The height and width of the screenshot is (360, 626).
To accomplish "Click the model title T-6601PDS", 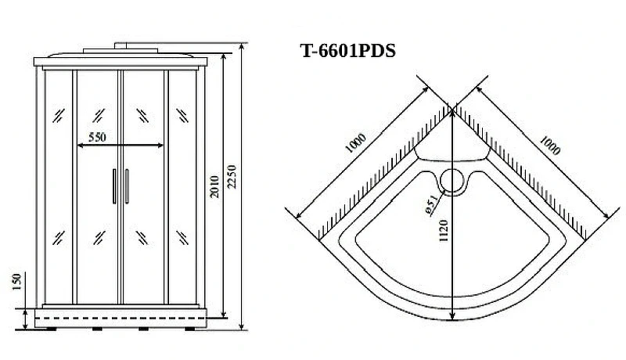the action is [347, 51].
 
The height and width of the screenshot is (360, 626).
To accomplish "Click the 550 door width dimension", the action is [97, 137].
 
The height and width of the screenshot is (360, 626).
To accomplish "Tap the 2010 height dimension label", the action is [214, 186].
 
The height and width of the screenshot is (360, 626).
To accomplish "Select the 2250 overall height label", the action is [232, 176].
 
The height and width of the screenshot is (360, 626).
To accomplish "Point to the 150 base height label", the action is [16, 283].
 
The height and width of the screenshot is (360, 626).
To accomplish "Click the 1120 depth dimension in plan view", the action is [444, 230].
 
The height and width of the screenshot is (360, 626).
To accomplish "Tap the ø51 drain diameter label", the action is [431, 206].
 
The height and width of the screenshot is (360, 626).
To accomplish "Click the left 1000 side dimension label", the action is [355, 143].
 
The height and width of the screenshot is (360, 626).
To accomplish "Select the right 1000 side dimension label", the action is [550, 146].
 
